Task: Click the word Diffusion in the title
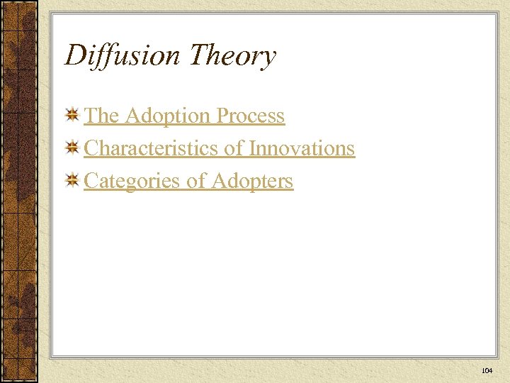[123, 55]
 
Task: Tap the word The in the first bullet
[101, 116]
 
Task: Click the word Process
[251, 116]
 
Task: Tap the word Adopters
[253, 182]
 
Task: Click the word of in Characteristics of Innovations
[237, 148]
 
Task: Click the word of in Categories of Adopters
[195, 181]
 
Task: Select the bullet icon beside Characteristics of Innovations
[72, 149]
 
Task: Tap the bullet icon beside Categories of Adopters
[72, 182]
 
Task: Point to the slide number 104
[487, 371]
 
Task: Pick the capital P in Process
[224, 116]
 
